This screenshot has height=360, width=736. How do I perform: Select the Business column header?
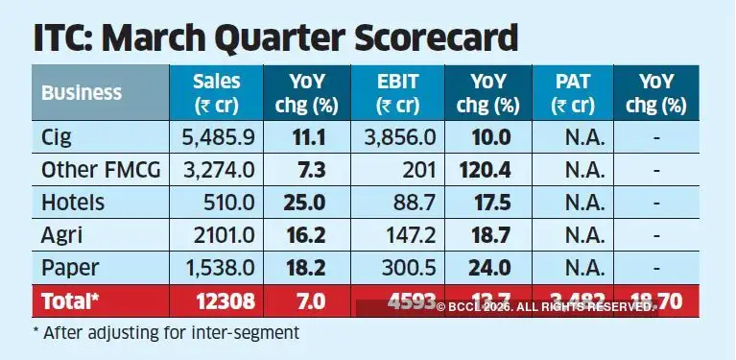point(82,93)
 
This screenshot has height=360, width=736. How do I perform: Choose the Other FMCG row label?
point(100,170)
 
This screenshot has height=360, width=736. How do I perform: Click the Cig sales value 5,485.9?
point(216,137)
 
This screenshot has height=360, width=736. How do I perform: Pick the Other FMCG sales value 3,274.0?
point(216,170)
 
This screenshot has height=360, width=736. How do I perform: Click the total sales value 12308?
point(224,301)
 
